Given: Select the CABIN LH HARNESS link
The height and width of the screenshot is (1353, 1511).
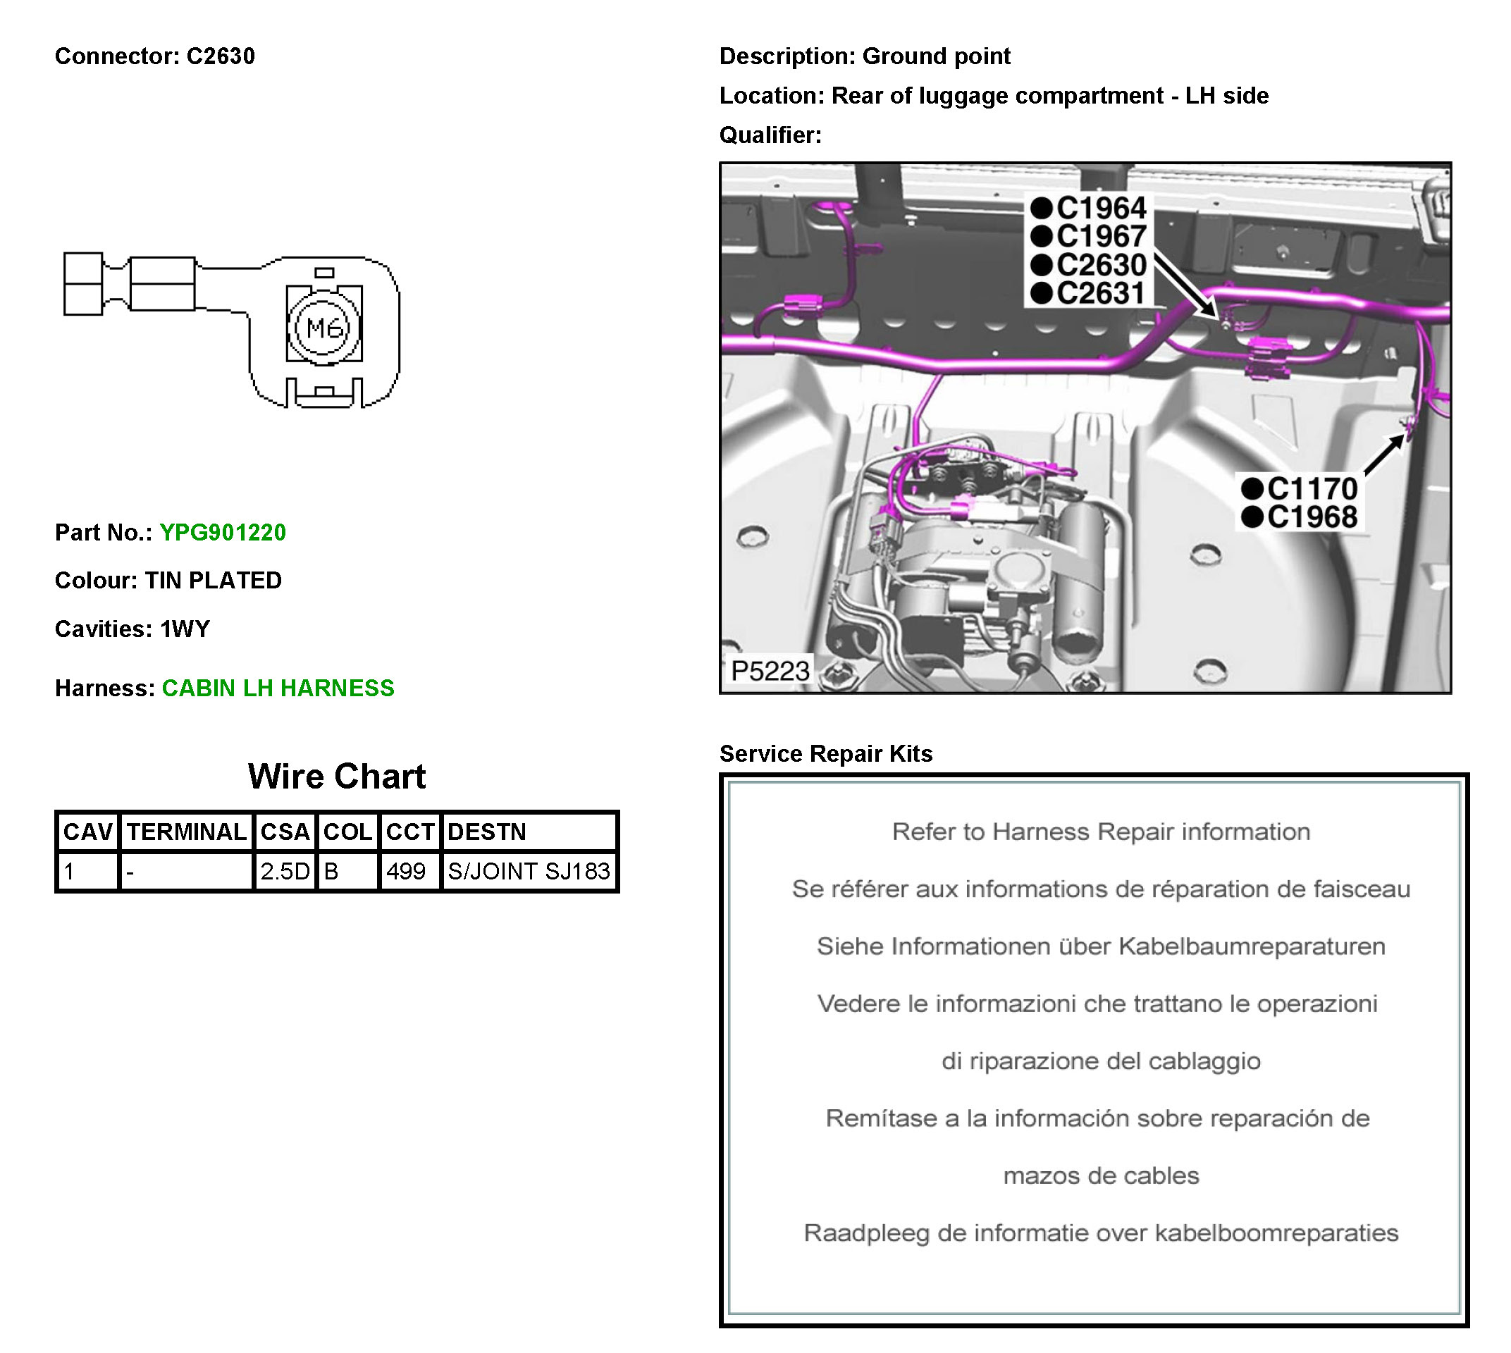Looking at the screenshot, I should click(278, 688).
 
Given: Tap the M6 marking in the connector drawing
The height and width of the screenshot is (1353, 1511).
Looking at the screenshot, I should click(324, 327).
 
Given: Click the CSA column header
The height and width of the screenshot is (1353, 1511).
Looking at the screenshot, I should click(285, 831).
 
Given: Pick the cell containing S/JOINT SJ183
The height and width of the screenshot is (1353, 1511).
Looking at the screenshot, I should click(528, 870).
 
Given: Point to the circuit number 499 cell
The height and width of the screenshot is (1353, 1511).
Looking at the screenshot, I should click(406, 870).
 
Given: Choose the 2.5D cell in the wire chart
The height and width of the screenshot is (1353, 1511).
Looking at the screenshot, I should click(285, 870).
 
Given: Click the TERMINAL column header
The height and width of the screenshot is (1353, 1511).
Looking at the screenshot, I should click(186, 831).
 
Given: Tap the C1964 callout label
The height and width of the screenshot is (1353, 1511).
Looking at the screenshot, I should click(1100, 208).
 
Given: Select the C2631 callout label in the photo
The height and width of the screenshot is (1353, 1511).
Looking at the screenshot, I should click(1100, 293).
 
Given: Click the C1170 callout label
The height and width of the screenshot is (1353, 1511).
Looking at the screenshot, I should click(1311, 488).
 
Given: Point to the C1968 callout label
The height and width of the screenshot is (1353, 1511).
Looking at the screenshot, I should click(1311, 517).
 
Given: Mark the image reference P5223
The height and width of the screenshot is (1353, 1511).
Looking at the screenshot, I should click(770, 671).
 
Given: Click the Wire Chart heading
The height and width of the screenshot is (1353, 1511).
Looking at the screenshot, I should click(336, 776).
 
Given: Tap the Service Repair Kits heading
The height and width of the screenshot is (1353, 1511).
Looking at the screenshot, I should click(825, 753).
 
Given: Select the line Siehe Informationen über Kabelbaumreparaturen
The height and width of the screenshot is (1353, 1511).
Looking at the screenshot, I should click(1101, 946).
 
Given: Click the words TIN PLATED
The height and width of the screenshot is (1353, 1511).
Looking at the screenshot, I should click(214, 580).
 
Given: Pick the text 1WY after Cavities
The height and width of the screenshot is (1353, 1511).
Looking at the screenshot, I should click(185, 629).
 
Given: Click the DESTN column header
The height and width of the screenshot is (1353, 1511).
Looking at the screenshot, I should click(486, 831).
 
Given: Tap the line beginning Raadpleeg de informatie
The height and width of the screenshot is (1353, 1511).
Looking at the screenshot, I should click(1101, 1232).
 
